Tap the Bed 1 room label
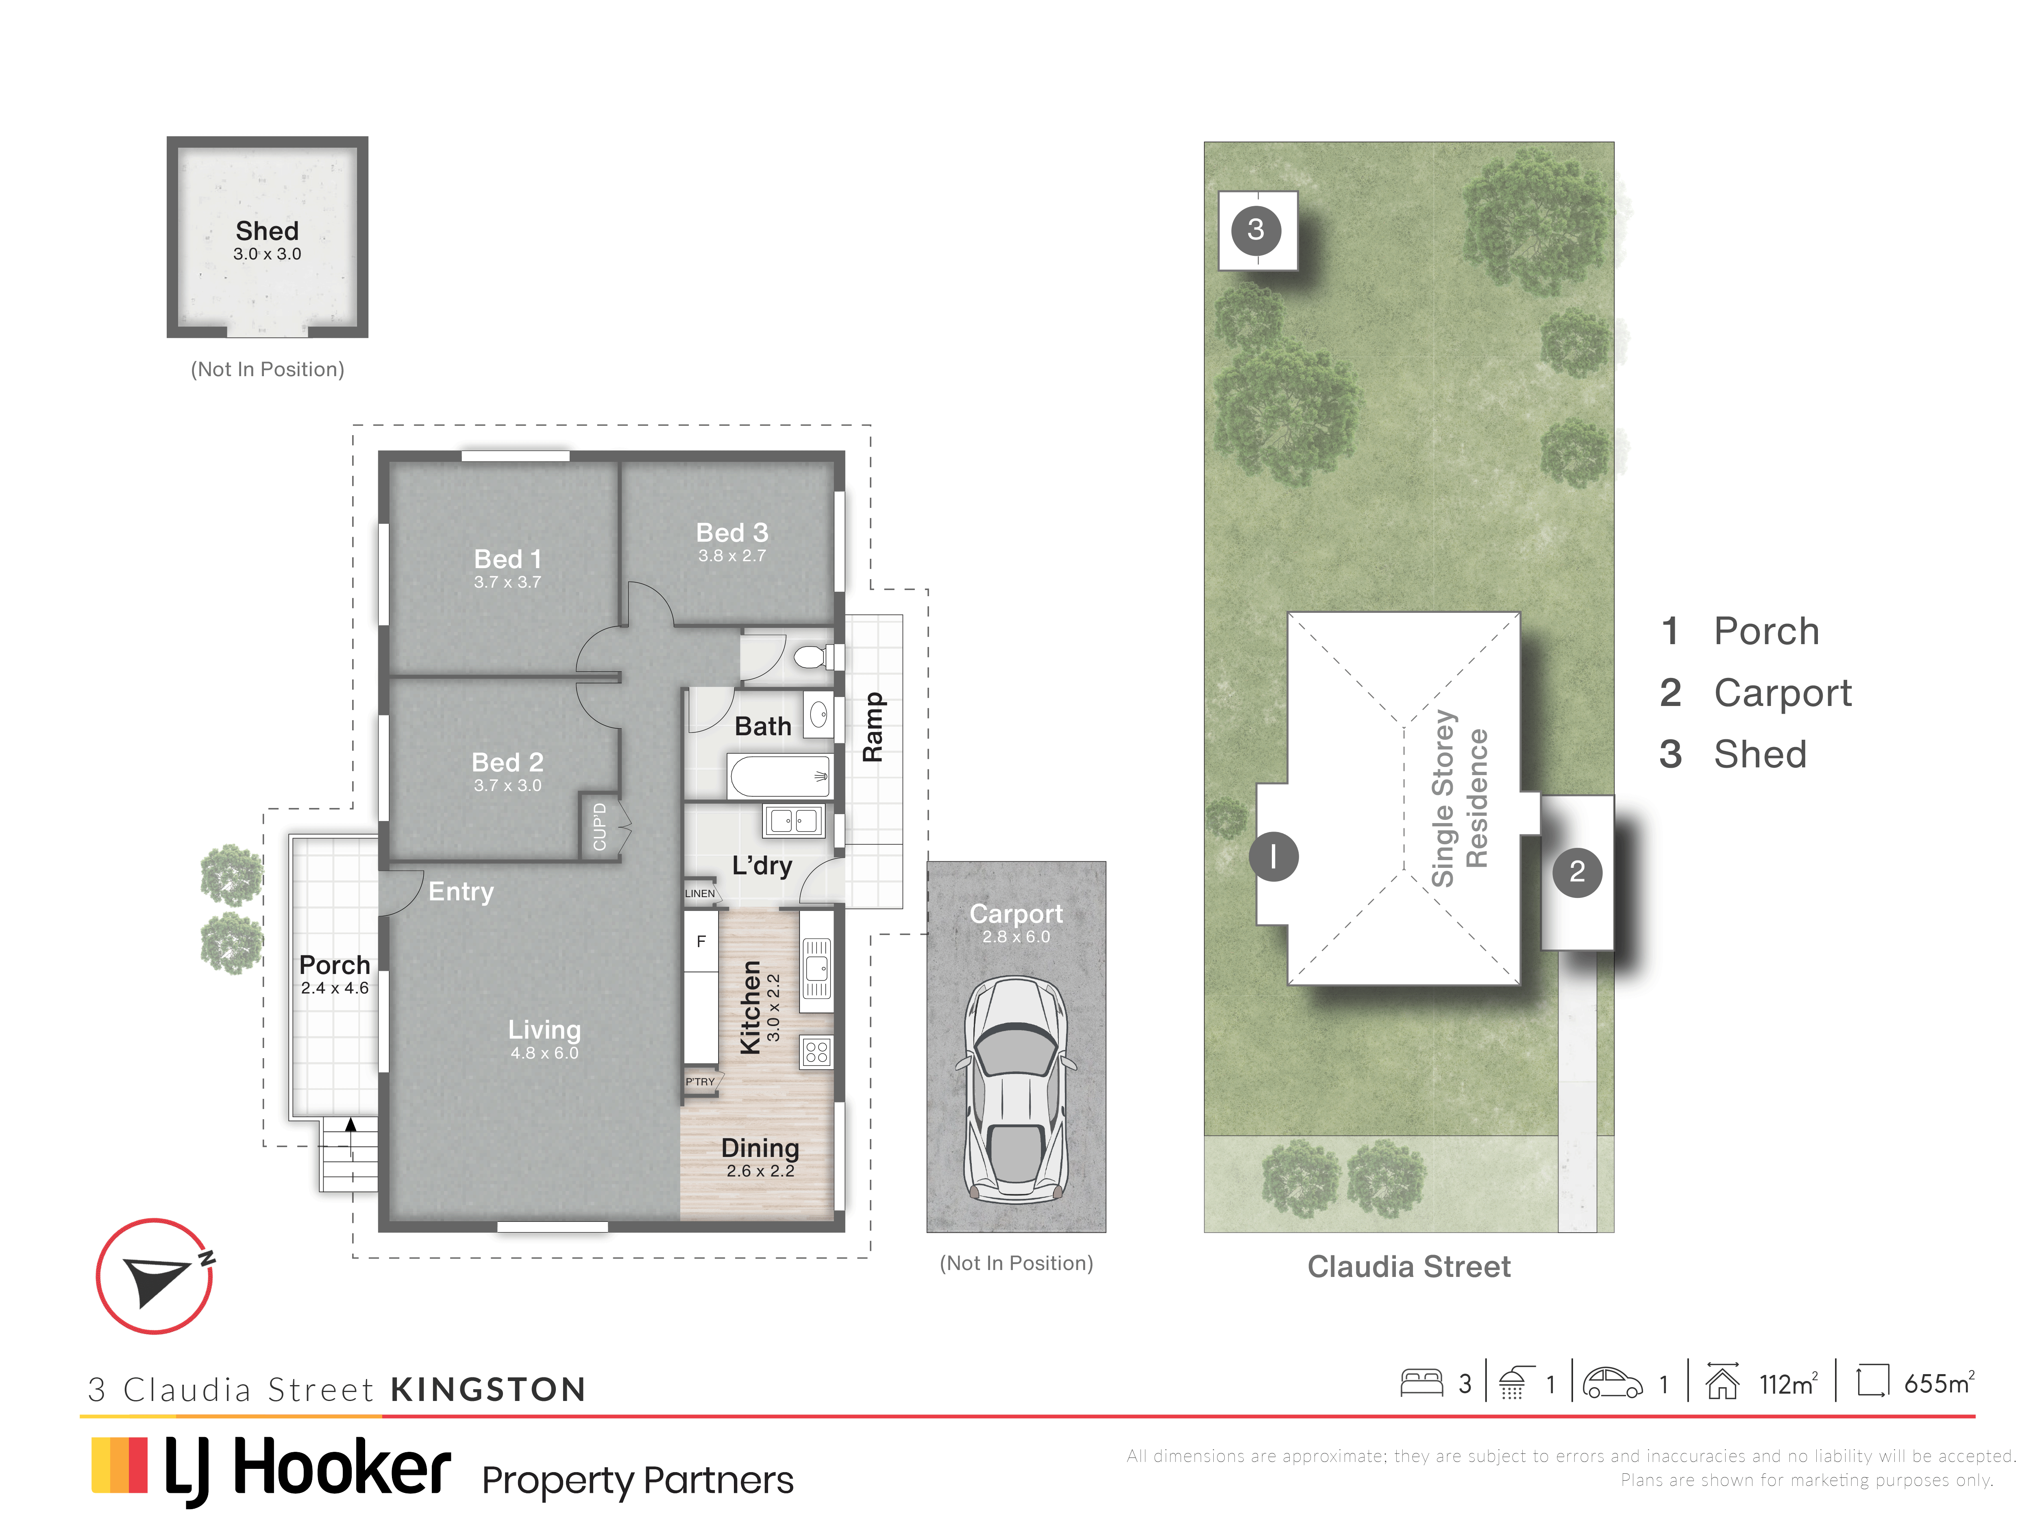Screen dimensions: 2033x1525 tap(507, 559)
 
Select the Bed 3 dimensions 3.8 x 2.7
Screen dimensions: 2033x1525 tap(731, 555)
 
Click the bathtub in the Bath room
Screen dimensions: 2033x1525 tap(780, 776)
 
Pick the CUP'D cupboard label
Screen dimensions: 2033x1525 tap(599, 826)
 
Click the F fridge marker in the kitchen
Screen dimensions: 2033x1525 tap(701, 941)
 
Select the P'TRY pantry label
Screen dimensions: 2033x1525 tap(699, 1082)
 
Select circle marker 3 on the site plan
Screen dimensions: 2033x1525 tap(1256, 229)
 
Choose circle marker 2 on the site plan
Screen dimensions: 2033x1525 tap(1577, 871)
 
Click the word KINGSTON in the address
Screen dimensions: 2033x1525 tap(488, 1389)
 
